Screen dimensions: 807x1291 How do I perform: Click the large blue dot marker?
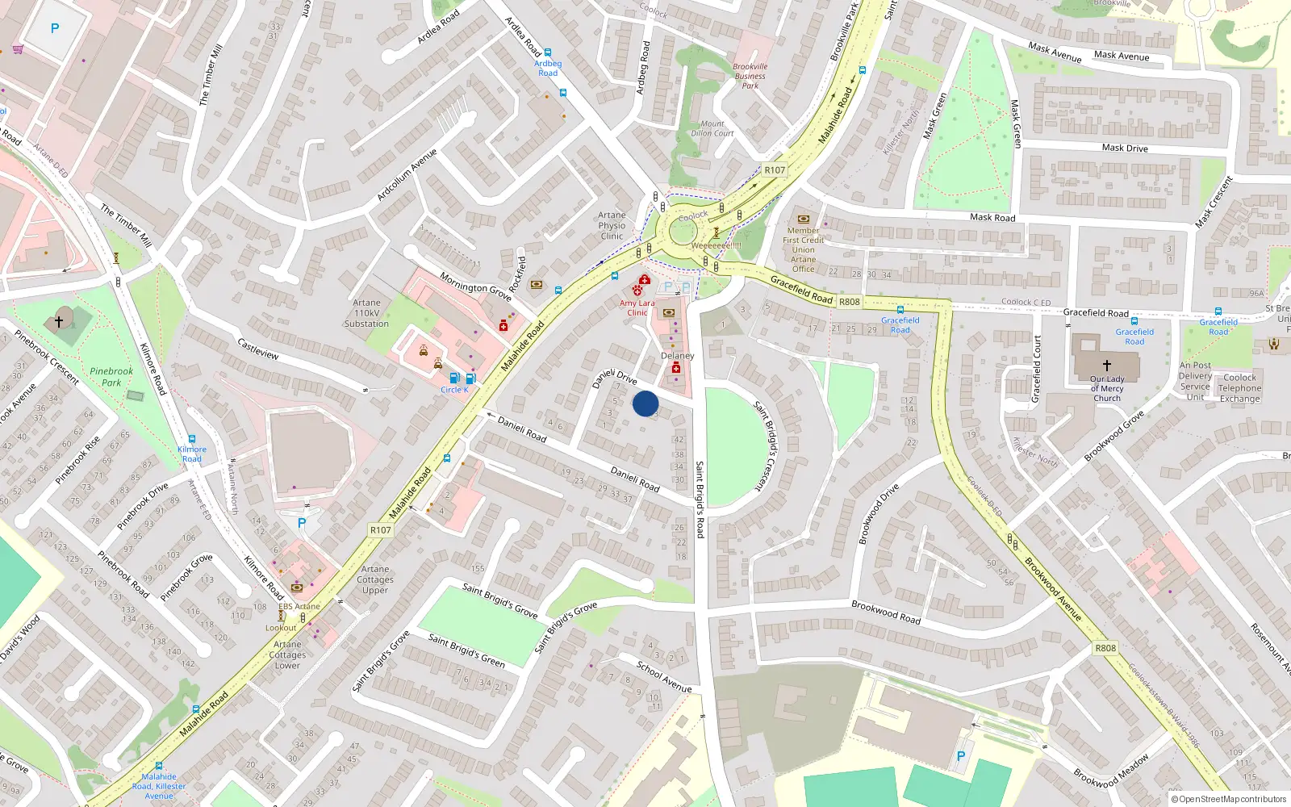(x=645, y=403)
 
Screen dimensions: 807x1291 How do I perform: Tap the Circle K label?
(x=454, y=390)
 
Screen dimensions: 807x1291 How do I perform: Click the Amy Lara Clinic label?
(x=637, y=307)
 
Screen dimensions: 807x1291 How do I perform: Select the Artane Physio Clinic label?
(x=612, y=226)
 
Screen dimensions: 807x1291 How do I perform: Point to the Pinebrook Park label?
(x=111, y=377)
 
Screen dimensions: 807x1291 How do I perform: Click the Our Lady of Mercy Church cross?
(x=1107, y=366)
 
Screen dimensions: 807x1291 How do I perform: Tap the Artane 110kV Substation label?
(x=366, y=313)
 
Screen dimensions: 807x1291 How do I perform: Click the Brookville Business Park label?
(x=750, y=76)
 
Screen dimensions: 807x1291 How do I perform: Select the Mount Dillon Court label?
(x=712, y=128)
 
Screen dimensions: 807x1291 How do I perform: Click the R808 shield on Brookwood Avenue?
(x=1105, y=648)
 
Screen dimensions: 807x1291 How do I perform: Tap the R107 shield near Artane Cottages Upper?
(x=381, y=530)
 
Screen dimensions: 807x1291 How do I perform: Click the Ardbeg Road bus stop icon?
(x=548, y=52)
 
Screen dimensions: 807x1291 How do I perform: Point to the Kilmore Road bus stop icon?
(x=192, y=439)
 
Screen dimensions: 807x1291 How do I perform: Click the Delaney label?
(x=677, y=356)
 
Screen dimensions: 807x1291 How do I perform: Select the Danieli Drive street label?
(x=615, y=378)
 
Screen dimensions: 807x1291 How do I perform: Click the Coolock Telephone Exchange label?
(x=1239, y=388)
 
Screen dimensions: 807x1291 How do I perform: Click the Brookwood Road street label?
(x=886, y=612)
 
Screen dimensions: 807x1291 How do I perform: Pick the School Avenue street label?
(x=664, y=677)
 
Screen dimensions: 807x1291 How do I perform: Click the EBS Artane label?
(x=299, y=606)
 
